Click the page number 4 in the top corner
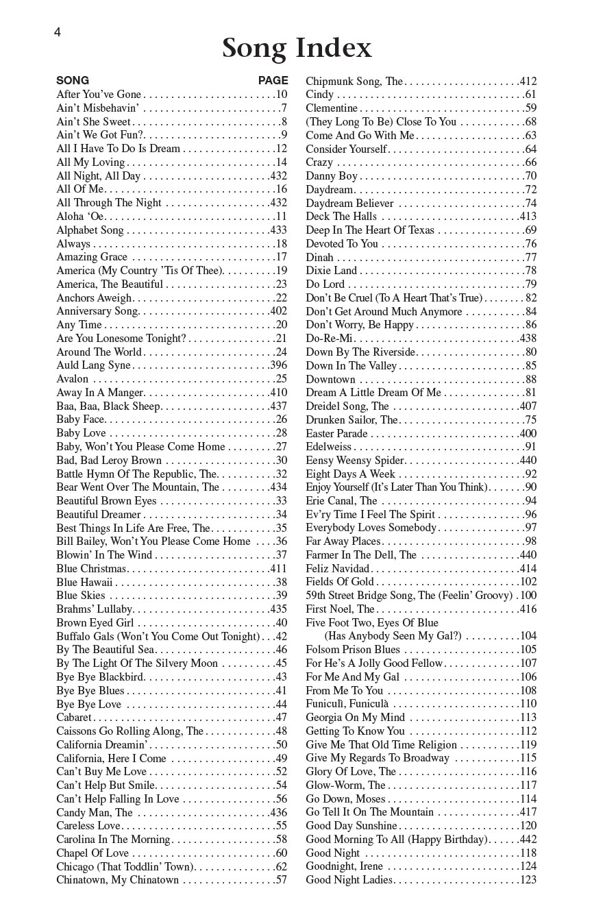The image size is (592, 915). pos(58,32)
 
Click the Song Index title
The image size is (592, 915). pos(297,49)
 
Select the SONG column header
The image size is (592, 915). pos(73,80)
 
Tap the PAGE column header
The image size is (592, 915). pos(273,80)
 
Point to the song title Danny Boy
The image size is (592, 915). pos(332,176)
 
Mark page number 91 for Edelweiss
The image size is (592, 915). pos(530,447)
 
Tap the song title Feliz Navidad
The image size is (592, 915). pos(337,569)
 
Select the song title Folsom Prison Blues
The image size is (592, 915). pos(353,650)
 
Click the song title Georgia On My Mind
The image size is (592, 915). pos(355,718)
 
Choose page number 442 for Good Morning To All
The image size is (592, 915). pos(528,840)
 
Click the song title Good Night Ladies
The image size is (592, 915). pos(349,880)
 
